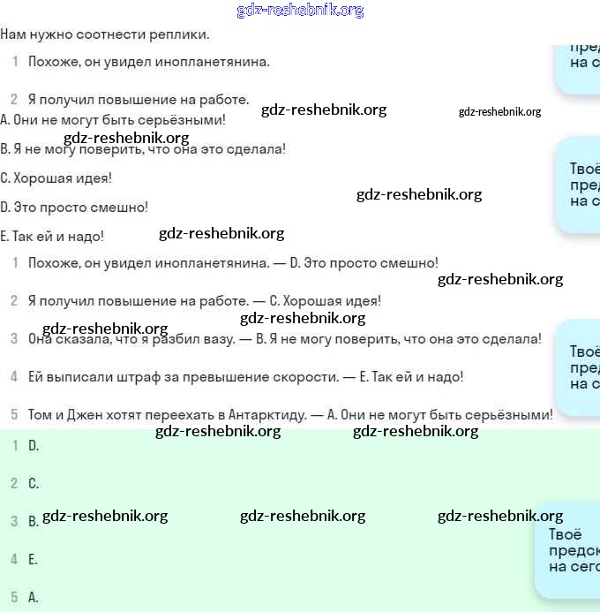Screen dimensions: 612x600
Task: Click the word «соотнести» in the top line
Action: click(x=101, y=34)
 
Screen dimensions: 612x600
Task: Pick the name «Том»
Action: click(x=41, y=414)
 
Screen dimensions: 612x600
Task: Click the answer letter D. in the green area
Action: click(x=34, y=445)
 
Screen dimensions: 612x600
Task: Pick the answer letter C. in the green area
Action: click(x=34, y=483)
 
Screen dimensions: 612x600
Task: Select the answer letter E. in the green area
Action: click(x=34, y=559)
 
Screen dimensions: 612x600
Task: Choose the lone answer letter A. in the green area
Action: click(x=34, y=597)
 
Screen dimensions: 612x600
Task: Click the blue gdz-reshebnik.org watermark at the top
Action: click(x=300, y=10)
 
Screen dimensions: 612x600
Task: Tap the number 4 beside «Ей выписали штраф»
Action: click(x=14, y=376)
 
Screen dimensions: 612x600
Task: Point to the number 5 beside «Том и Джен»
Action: click(x=14, y=414)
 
